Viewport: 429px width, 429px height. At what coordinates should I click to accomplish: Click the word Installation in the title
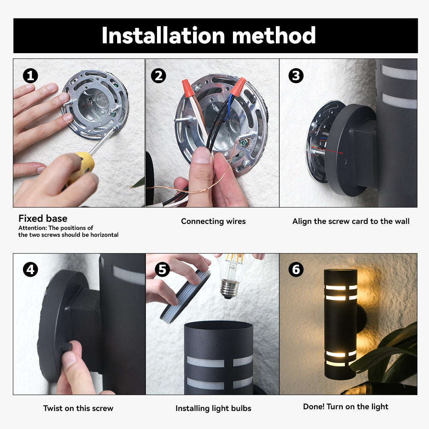163,36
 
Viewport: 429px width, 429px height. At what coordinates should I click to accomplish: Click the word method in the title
274,36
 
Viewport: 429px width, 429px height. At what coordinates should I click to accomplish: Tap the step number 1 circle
30,76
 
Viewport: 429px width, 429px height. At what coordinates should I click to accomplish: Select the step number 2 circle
158,76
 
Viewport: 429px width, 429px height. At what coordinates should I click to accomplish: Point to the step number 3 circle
296,76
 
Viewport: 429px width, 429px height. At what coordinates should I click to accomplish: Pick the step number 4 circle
30,269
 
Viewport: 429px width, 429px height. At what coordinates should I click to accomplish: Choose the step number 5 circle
162,269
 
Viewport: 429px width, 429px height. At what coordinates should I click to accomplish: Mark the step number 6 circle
296,269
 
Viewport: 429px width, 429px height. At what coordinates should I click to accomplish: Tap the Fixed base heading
43,218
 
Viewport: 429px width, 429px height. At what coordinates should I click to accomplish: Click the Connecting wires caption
213,221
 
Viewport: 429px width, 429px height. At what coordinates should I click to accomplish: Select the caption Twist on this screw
78,408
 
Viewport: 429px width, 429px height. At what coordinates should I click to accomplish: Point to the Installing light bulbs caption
213,408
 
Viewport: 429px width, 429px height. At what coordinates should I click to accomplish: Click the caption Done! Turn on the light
346,407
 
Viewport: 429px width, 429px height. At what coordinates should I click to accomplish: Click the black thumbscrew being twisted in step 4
66,347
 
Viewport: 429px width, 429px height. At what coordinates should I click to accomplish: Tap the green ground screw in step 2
242,142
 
